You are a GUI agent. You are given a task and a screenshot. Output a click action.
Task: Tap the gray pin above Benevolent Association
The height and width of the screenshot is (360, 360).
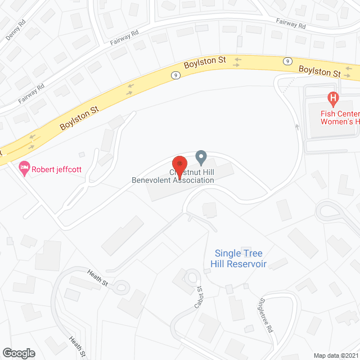[x=201, y=157]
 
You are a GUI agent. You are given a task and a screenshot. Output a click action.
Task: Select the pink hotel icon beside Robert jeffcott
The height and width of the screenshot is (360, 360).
[x=24, y=168]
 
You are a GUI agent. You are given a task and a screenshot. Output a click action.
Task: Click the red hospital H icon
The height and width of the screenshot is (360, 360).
[x=333, y=100]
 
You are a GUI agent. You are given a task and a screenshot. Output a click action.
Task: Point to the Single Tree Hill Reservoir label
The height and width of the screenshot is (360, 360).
[x=238, y=259]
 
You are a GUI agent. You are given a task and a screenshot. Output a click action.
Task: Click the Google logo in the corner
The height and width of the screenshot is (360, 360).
[x=19, y=353]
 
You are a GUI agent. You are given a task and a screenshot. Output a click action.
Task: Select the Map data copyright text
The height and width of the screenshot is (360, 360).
[x=336, y=355]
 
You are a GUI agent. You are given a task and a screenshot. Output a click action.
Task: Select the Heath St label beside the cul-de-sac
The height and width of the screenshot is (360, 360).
[x=97, y=276]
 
